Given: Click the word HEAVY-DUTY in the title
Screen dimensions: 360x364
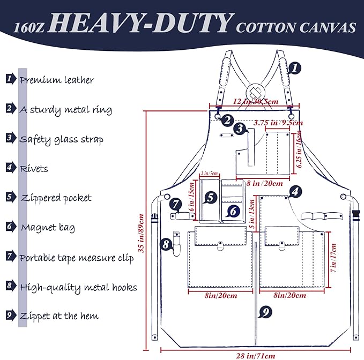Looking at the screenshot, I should pyautogui.click(x=144, y=24).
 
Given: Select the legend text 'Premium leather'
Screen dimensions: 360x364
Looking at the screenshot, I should pyautogui.click(x=57, y=80).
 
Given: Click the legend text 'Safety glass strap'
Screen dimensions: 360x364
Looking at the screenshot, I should pyautogui.click(x=62, y=139).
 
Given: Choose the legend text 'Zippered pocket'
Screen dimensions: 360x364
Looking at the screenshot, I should pyautogui.click(x=56, y=198).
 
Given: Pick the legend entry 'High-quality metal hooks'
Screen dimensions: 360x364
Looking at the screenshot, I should pyautogui.click(x=78, y=287).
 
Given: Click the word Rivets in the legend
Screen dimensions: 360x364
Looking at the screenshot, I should pyautogui.click(x=34, y=169).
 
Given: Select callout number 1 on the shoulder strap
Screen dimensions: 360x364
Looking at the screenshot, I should pyautogui.click(x=295, y=68).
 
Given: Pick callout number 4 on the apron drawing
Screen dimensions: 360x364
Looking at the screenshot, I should pyautogui.click(x=294, y=191).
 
